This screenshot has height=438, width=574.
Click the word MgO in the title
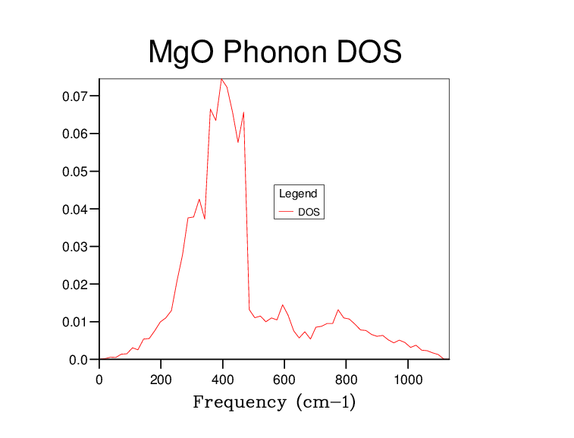tap(176, 52)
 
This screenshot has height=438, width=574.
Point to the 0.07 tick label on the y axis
tap(76, 96)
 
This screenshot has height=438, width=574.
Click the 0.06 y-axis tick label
tap(76, 134)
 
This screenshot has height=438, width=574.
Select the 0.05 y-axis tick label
tap(76, 172)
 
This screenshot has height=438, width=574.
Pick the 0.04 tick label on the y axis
tap(76, 209)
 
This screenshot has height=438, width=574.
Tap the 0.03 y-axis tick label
tap(76, 247)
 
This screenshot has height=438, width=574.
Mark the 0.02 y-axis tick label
tap(76, 284)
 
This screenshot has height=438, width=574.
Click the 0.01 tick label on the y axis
tap(76, 322)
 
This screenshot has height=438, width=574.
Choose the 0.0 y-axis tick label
tap(80, 359)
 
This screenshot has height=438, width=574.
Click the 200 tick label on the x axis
tap(161, 375)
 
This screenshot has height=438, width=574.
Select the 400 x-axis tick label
tap(222, 375)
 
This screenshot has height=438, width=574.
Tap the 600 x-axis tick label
tap(284, 375)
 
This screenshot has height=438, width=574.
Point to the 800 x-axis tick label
tap(346, 375)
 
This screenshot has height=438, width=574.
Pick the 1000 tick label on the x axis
tap(408, 375)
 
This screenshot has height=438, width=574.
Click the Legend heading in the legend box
tap(298, 194)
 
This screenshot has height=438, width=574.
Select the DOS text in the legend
tap(309, 213)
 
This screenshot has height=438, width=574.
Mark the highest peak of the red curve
tap(221, 79)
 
